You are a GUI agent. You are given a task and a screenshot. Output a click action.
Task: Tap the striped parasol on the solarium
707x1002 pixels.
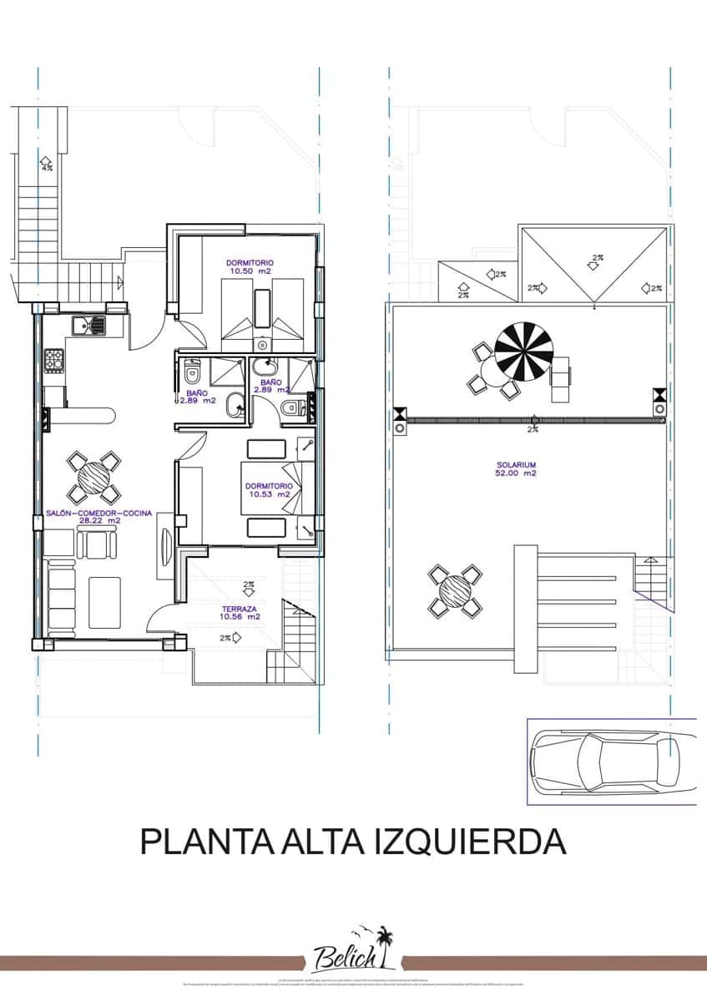pos(523,352)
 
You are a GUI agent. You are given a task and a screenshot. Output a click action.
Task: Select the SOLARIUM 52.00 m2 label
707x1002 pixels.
pos(514,468)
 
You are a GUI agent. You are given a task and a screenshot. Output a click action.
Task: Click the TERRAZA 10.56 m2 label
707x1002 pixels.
pos(240,613)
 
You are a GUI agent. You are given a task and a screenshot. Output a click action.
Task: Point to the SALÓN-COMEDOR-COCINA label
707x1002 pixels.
pos(99,517)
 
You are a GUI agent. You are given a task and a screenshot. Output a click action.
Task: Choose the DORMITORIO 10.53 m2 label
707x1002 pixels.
pos(268,489)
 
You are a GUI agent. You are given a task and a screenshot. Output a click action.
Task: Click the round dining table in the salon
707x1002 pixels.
pos(93,478)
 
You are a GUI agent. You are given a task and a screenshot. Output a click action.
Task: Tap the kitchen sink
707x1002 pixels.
pos(87,325)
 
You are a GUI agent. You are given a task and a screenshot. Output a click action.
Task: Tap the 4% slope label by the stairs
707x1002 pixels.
pos(46,165)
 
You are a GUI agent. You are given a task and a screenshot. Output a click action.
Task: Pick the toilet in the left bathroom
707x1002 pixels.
pos(191,373)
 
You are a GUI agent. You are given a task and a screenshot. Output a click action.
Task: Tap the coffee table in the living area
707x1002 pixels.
pos(105,601)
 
